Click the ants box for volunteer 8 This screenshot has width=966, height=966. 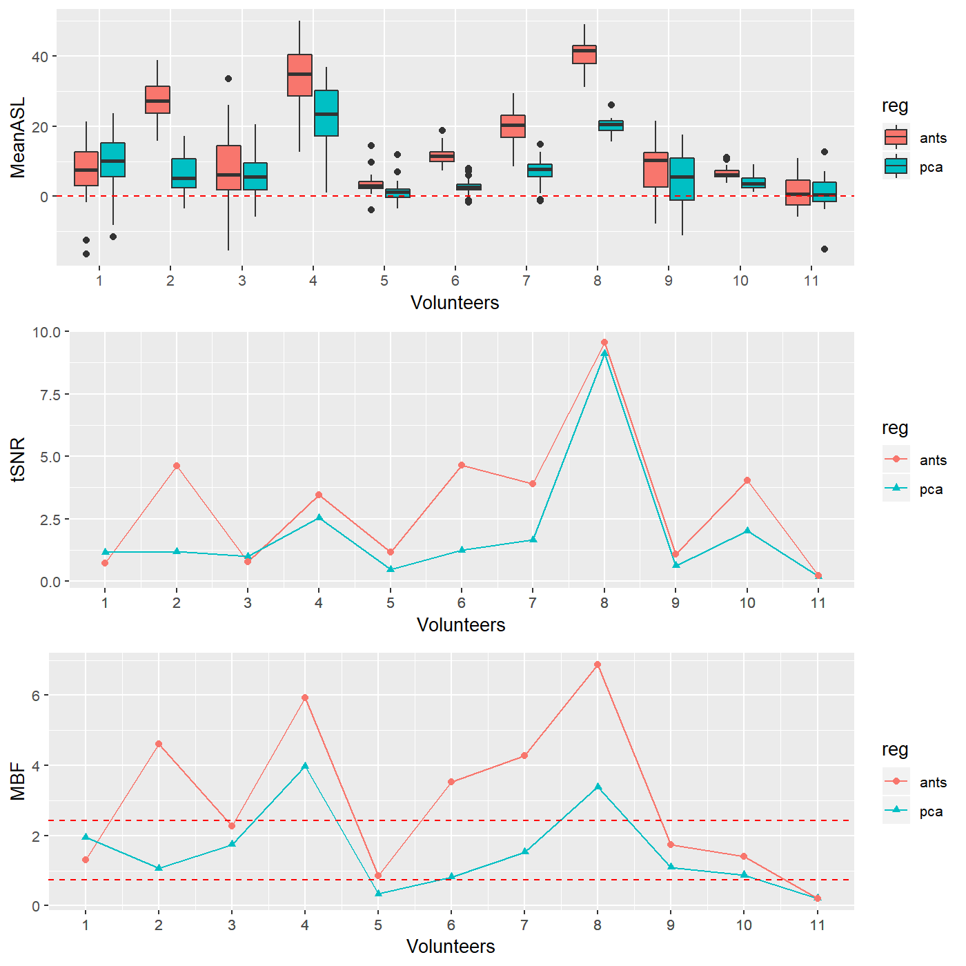tap(584, 55)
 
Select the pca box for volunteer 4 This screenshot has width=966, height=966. tap(326, 113)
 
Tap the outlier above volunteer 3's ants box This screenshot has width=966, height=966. tap(228, 79)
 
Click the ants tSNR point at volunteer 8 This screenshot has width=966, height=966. tap(604, 342)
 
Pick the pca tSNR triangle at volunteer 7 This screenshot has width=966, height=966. tap(533, 540)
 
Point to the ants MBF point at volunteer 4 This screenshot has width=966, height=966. tap(305, 698)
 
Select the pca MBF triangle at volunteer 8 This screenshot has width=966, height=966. tap(598, 787)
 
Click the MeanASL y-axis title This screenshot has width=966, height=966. tap(18, 137)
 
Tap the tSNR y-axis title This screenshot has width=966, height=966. tap(18, 459)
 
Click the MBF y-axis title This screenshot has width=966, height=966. tap(18, 781)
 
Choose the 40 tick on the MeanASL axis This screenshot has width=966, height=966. tap(39, 57)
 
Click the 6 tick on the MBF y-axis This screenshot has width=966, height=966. tap(36, 696)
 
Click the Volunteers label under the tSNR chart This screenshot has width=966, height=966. tap(461, 625)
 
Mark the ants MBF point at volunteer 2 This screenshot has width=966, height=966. tap(159, 744)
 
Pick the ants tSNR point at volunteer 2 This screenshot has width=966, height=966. tap(177, 466)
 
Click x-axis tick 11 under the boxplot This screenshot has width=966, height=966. tap(811, 281)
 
